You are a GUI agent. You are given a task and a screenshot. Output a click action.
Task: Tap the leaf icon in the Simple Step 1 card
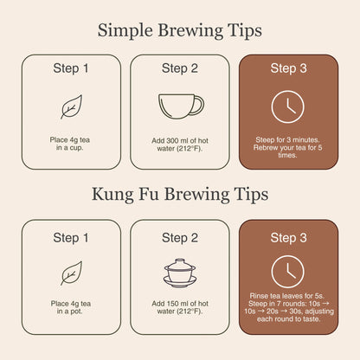tap(71, 106)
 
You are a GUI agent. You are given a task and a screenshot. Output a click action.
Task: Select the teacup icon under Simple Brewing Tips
tap(181, 106)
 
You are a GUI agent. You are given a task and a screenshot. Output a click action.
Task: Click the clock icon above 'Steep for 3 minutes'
tap(288, 106)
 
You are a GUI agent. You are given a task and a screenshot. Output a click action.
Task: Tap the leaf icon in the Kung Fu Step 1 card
tap(71, 273)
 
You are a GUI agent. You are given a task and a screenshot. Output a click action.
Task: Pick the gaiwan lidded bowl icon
tap(181, 272)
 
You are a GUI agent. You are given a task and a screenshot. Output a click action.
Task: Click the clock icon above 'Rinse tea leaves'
tap(288, 272)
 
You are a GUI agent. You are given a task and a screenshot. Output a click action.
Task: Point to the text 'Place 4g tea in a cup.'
tap(71, 142)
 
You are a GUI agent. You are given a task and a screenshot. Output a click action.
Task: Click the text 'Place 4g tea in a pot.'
tap(71, 308)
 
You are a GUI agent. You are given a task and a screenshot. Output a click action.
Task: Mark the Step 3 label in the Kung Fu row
tap(288, 236)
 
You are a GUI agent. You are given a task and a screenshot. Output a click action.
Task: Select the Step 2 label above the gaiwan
tap(180, 236)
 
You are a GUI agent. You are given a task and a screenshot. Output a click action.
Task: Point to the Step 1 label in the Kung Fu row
tap(71, 236)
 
